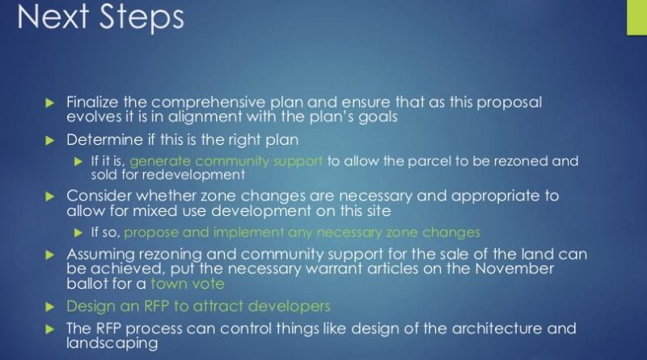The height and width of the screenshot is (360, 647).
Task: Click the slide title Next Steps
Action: click(100, 17)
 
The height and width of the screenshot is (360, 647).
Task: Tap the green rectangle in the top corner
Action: click(636, 17)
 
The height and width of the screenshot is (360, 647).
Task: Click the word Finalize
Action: click(92, 102)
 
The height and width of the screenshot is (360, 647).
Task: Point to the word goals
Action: click(378, 117)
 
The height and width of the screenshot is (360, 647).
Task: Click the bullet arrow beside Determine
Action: click(50, 141)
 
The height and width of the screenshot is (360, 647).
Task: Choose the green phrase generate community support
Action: click(226, 162)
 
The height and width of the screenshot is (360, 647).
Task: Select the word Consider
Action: click(99, 195)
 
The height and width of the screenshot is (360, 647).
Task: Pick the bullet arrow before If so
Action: click(78, 233)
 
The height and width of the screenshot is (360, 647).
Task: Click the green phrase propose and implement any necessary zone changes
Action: click(302, 233)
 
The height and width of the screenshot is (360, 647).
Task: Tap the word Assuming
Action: click(100, 254)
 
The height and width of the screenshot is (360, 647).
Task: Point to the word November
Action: click(514, 269)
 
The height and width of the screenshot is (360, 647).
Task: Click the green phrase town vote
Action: click(188, 284)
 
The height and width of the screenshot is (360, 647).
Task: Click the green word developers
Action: click(290, 307)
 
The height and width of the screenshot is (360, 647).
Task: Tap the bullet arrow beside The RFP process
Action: click(50, 329)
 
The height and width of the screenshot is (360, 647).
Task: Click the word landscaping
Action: click(112, 344)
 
